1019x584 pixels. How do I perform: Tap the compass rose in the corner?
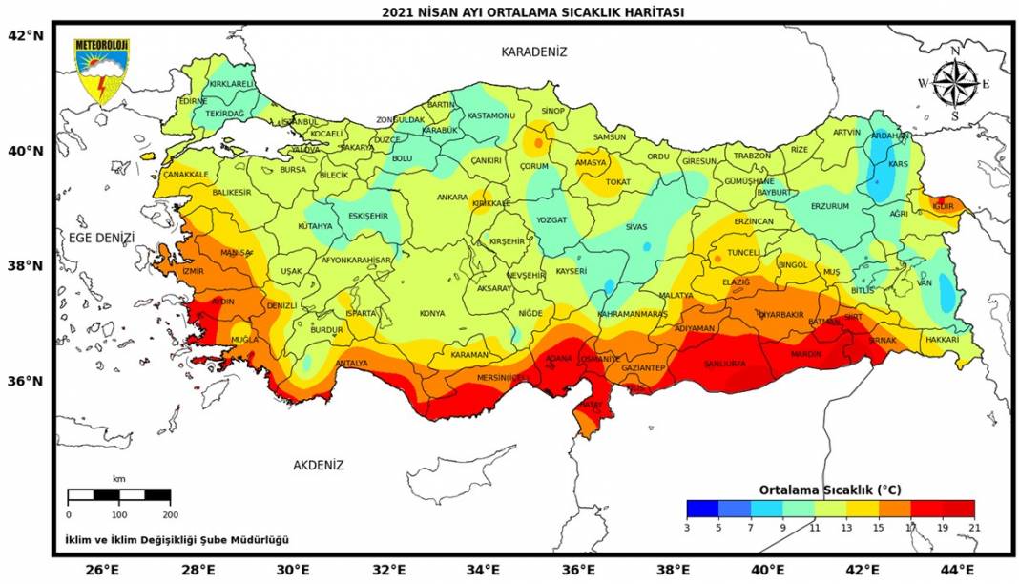click(x=954, y=83)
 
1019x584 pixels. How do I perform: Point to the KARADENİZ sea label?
click(x=533, y=52)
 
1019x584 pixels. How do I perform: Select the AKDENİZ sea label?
click(x=318, y=466)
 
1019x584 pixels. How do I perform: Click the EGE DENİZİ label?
click(x=102, y=238)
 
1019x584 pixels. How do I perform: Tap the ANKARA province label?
click(x=451, y=198)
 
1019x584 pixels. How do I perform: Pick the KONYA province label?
click(x=432, y=313)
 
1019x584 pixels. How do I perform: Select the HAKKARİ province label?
click(x=942, y=339)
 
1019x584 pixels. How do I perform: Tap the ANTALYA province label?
click(x=352, y=364)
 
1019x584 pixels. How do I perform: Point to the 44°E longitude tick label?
click(x=958, y=570)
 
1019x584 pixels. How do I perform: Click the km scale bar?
click(x=119, y=495)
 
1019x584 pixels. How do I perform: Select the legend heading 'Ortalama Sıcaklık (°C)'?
click(x=829, y=490)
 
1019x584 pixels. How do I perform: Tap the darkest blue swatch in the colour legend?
click(x=701, y=508)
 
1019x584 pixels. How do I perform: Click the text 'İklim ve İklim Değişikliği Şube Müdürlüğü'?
click(x=177, y=540)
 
